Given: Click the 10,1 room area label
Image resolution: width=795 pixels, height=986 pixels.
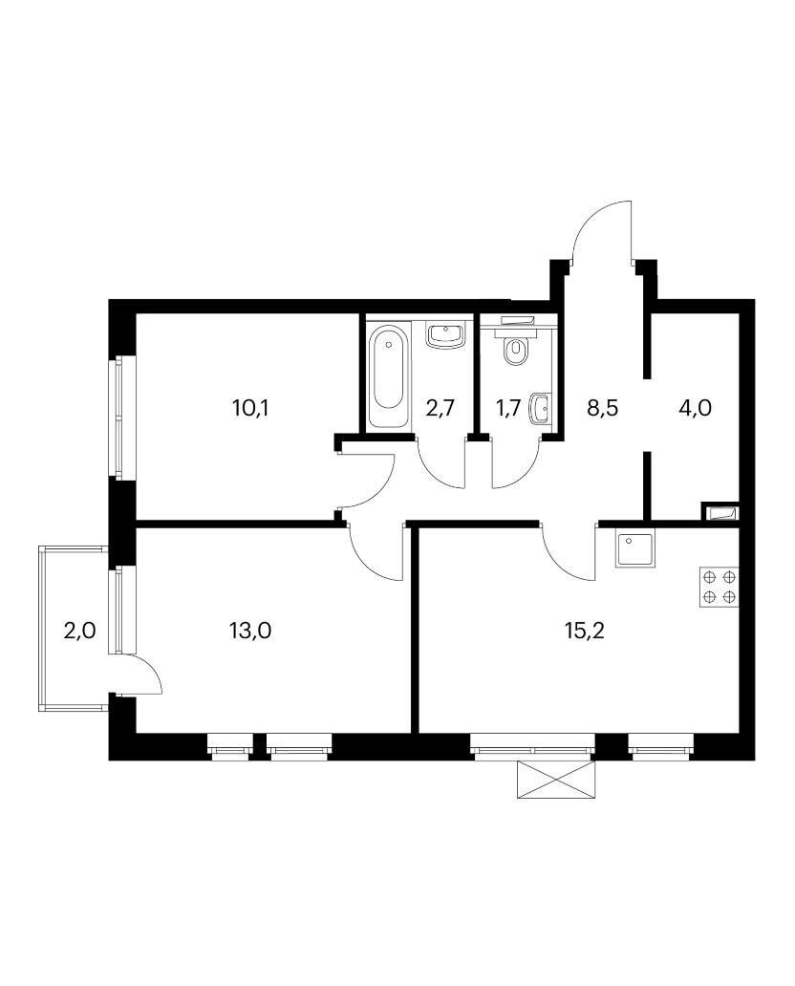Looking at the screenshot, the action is click(x=250, y=409).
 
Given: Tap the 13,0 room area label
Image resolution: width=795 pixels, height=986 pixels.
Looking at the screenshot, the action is click(x=250, y=630).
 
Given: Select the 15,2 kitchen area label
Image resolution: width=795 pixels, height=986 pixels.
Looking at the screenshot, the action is click(x=584, y=630).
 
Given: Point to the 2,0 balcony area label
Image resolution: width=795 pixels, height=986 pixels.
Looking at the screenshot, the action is click(x=80, y=630).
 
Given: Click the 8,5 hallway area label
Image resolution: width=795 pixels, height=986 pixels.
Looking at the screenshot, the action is click(x=603, y=409).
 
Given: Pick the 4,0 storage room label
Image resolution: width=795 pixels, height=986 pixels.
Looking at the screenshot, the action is click(x=695, y=409).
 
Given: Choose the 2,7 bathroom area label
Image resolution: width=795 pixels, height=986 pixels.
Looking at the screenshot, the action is click(x=440, y=409).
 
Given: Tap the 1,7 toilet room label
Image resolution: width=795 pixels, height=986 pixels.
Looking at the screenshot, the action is click(x=508, y=409).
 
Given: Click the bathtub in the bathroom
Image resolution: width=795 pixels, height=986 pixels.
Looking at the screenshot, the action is click(x=388, y=376).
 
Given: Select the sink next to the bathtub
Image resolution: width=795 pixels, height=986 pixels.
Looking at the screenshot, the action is click(x=446, y=335).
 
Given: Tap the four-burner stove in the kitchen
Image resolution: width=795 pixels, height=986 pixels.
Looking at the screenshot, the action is click(x=719, y=588).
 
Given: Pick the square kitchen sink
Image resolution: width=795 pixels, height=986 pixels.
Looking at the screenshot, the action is click(x=634, y=549).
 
